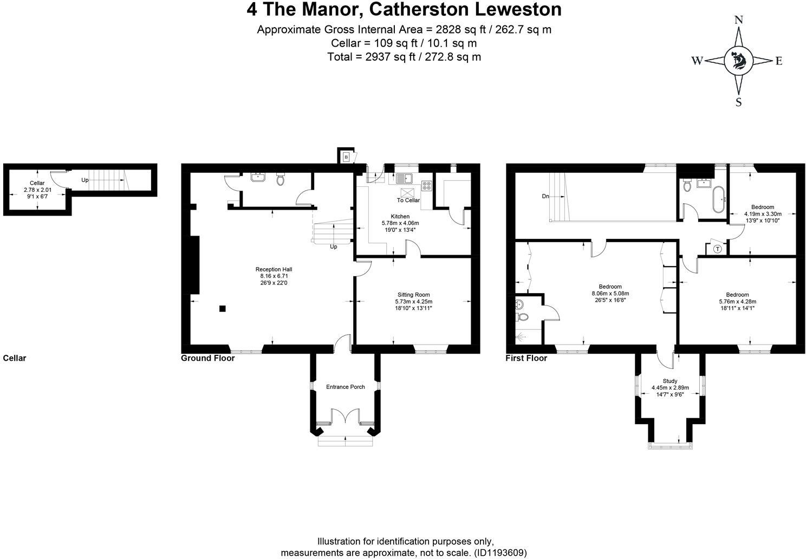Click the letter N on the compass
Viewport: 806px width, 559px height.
[x=738, y=20]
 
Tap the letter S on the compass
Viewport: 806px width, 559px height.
[x=738, y=102]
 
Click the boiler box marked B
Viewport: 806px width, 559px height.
[x=346, y=157]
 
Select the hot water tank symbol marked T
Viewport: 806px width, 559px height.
[x=717, y=249]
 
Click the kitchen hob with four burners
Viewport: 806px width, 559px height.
[x=426, y=186]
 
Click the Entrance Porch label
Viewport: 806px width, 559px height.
[x=345, y=387]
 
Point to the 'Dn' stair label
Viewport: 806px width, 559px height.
[x=545, y=196]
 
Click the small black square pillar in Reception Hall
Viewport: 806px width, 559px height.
[x=222, y=309]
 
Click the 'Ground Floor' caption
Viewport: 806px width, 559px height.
[x=207, y=358]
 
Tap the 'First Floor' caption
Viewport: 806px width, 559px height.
[x=526, y=358]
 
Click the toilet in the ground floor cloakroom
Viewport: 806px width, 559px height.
[x=281, y=179]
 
